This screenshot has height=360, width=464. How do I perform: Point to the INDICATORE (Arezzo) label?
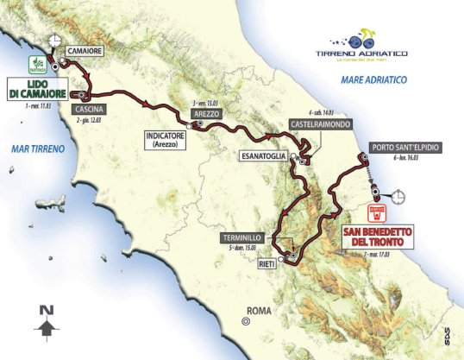[168, 140]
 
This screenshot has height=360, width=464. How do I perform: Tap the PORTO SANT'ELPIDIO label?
[406, 148]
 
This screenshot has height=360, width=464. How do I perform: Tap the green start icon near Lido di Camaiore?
[37, 63]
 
